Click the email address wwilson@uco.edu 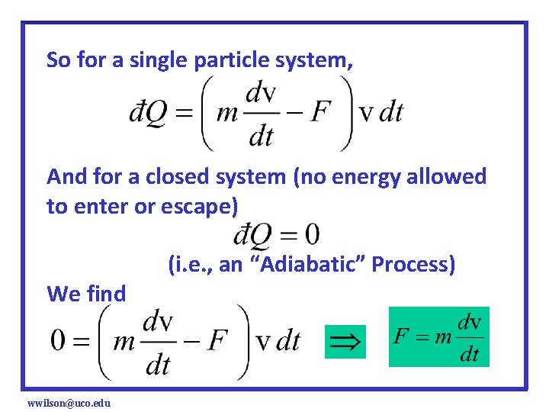point(69,402)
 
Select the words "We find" point(86,293)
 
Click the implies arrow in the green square point(345,341)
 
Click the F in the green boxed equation point(402,336)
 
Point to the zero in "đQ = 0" point(311,234)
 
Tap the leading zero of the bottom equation point(58,340)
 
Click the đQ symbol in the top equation point(144,114)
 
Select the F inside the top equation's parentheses point(321,113)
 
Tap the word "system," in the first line point(313,60)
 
